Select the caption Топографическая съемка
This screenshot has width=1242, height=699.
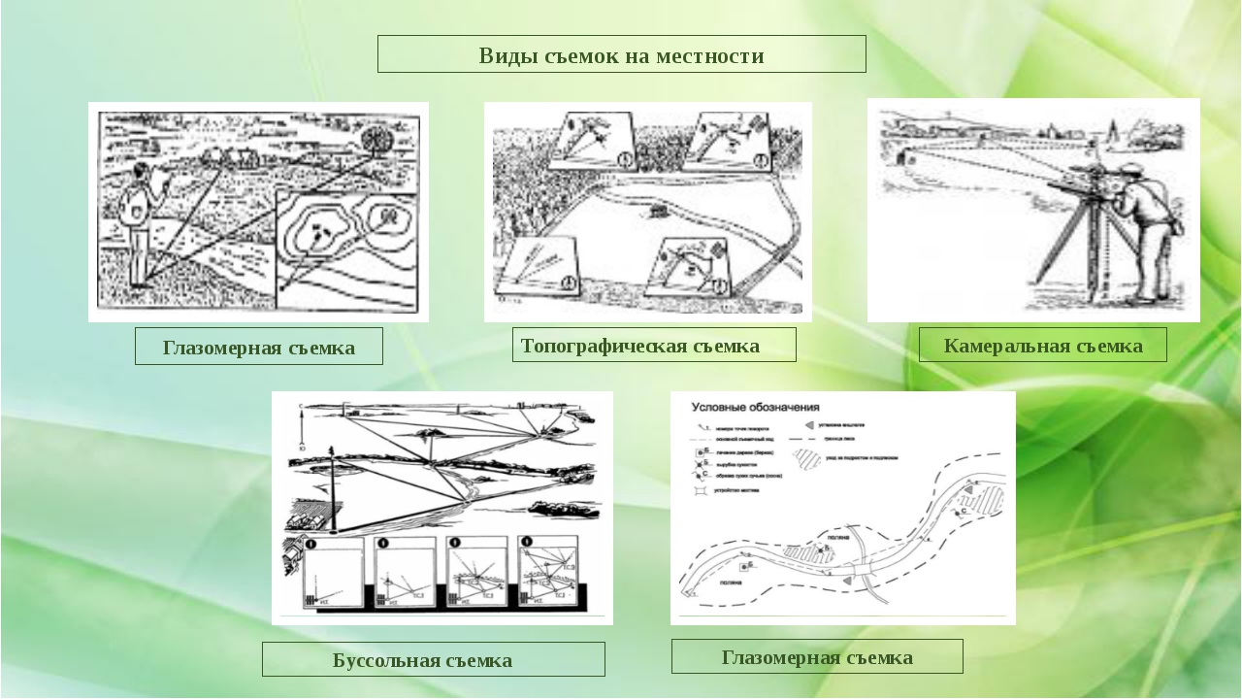point(640,346)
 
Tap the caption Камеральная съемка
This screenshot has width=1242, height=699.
point(1043,346)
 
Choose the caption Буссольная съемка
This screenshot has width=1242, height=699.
point(422,660)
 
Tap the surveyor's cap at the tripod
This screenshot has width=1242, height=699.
point(1131,173)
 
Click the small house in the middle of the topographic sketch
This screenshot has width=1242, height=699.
point(660,208)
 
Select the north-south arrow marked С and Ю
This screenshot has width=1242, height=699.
point(303,422)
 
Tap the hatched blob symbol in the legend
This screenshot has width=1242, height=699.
point(806,457)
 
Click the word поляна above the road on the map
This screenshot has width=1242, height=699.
point(838,536)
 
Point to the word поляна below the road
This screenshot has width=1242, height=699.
point(732,582)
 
